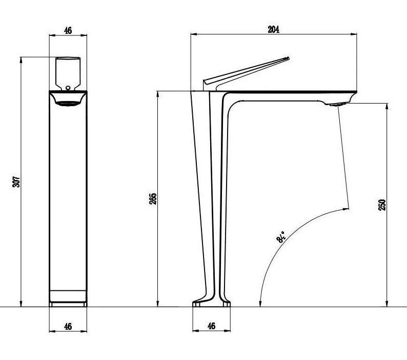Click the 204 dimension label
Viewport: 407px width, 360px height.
tap(273, 30)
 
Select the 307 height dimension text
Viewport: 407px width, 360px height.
tap(16, 182)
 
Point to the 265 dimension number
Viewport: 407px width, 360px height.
tap(153, 199)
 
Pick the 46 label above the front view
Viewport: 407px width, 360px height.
tap(68, 30)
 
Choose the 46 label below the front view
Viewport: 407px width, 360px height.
tap(68, 326)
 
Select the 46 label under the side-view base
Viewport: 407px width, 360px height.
tap(211, 326)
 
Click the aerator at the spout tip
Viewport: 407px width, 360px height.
tap(336, 105)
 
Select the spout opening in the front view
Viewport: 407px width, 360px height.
tap(68, 103)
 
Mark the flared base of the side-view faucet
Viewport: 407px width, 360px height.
tap(211, 303)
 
